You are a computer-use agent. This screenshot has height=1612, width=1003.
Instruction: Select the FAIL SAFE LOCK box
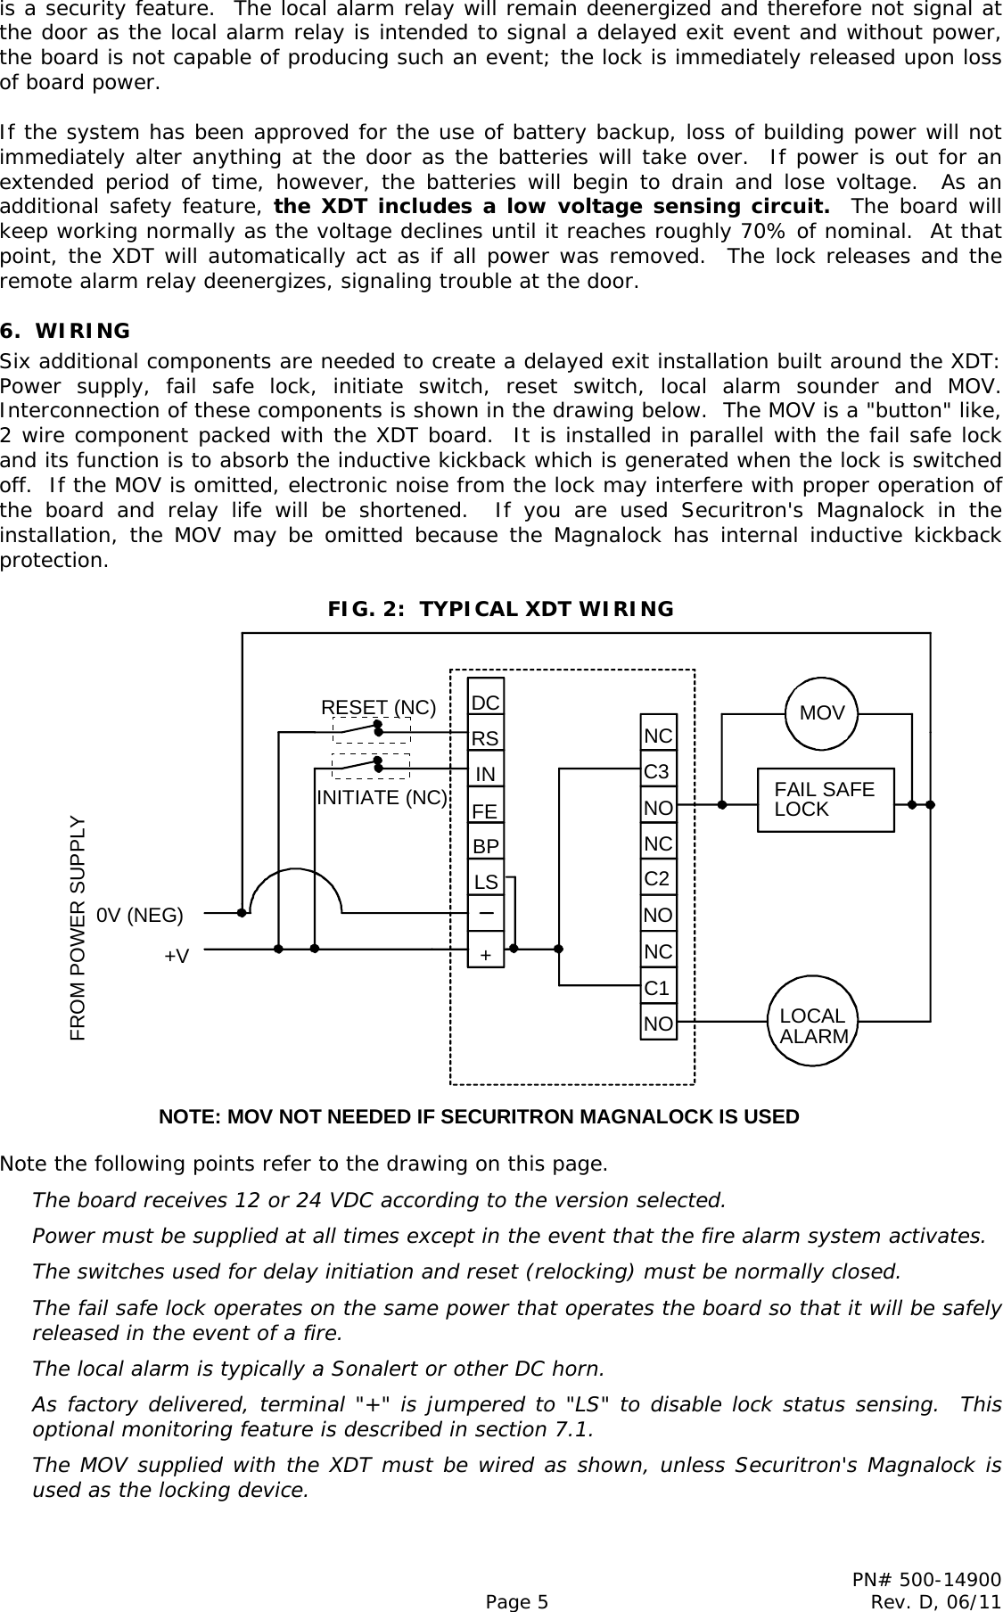pyautogui.click(x=825, y=800)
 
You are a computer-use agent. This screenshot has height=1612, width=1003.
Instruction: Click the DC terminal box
pyautogui.click(x=485, y=703)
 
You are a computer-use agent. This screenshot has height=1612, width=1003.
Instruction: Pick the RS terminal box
pyautogui.click(x=485, y=739)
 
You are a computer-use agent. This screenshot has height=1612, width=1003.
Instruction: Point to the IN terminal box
pyautogui.click(x=485, y=775)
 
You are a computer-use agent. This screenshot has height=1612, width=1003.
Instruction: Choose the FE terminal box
pyautogui.click(x=485, y=811)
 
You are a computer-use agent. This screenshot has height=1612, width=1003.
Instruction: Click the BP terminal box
pyautogui.click(x=485, y=846)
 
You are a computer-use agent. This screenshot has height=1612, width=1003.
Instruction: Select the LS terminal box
pyautogui.click(x=485, y=883)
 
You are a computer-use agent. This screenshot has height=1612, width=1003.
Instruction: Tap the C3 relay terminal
pyautogui.click(x=657, y=771)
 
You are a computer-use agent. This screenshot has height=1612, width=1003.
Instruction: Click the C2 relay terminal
pyautogui.click(x=657, y=879)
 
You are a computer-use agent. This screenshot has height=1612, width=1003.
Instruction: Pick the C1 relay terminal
pyautogui.click(x=657, y=988)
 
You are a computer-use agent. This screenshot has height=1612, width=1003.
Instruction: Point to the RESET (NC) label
pyautogui.click(x=378, y=708)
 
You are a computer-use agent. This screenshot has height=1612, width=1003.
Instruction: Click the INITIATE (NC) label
pyautogui.click(x=382, y=798)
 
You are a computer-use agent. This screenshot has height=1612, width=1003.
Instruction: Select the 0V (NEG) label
pyautogui.click(x=140, y=915)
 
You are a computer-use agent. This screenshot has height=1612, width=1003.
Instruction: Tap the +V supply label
pyautogui.click(x=177, y=956)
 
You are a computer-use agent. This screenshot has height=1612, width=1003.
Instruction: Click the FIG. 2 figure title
pyautogui.click(x=501, y=609)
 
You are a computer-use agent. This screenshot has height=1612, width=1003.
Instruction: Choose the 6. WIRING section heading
pyautogui.click(x=66, y=332)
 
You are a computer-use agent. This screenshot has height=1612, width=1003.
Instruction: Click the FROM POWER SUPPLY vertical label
pyautogui.click(x=78, y=928)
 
